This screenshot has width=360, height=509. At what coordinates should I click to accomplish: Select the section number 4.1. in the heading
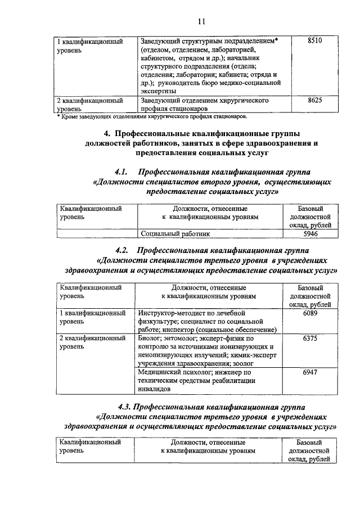tap(122, 172)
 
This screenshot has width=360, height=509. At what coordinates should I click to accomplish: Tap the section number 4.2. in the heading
tap(122, 250)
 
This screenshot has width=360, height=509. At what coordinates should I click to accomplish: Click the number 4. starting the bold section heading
tap(107, 133)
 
